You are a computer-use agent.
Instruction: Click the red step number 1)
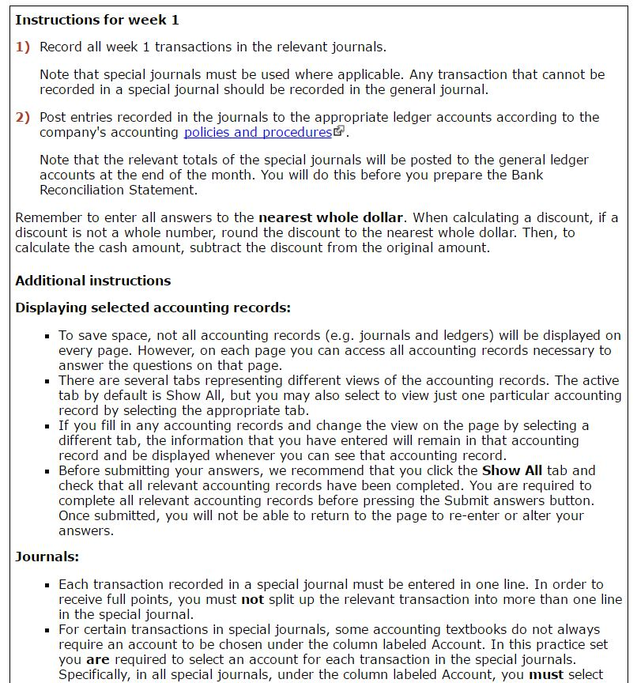pos(22,47)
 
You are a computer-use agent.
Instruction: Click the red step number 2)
pos(22,117)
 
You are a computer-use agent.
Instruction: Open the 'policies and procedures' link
pos(258,132)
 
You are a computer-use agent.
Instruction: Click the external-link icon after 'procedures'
pos(339,131)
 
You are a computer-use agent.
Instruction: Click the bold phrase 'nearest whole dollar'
pos(330,217)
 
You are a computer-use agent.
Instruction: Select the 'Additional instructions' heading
pos(92,281)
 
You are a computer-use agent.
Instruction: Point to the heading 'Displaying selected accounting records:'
pos(153,308)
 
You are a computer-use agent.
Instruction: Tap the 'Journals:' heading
pos(47,557)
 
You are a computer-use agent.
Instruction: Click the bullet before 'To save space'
pos(48,336)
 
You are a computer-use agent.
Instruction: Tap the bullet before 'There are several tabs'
pos(48,381)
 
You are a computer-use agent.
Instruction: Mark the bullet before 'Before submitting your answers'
pos(48,471)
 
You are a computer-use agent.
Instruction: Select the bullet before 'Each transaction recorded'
pos(48,585)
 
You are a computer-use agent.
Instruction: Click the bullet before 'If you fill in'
pos(48,426)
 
